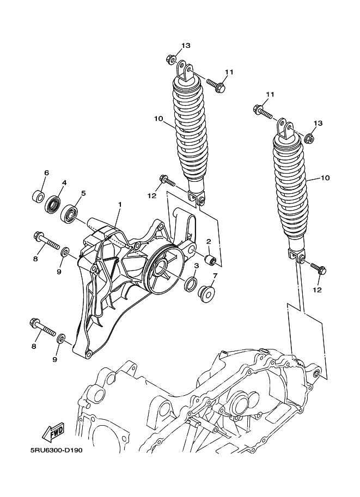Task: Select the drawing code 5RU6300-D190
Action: [x=57, y=450]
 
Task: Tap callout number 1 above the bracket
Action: [x=120, y=205]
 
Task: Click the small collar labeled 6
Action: [x=38, y=196]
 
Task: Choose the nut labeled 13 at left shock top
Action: [x=179, y=59]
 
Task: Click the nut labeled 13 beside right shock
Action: [x=309, y=138]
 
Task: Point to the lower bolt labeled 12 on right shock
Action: [x=318, y=268]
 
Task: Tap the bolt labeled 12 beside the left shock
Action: [x=167, y=181]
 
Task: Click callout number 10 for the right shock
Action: [x=326, y=178]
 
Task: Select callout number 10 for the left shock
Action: [x=158, y=119]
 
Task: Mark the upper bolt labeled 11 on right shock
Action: [x=263, y=112]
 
